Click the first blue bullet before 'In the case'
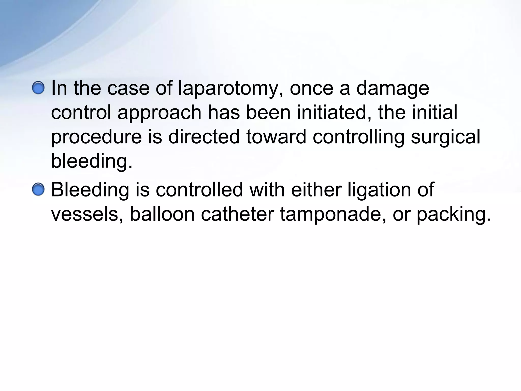pos(38,88)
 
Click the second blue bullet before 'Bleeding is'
pos(38,190)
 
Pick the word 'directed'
pos(204,136)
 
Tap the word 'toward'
pos(276,136)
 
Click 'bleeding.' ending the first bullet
pos(92,161)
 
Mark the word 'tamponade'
pos(333,215)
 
